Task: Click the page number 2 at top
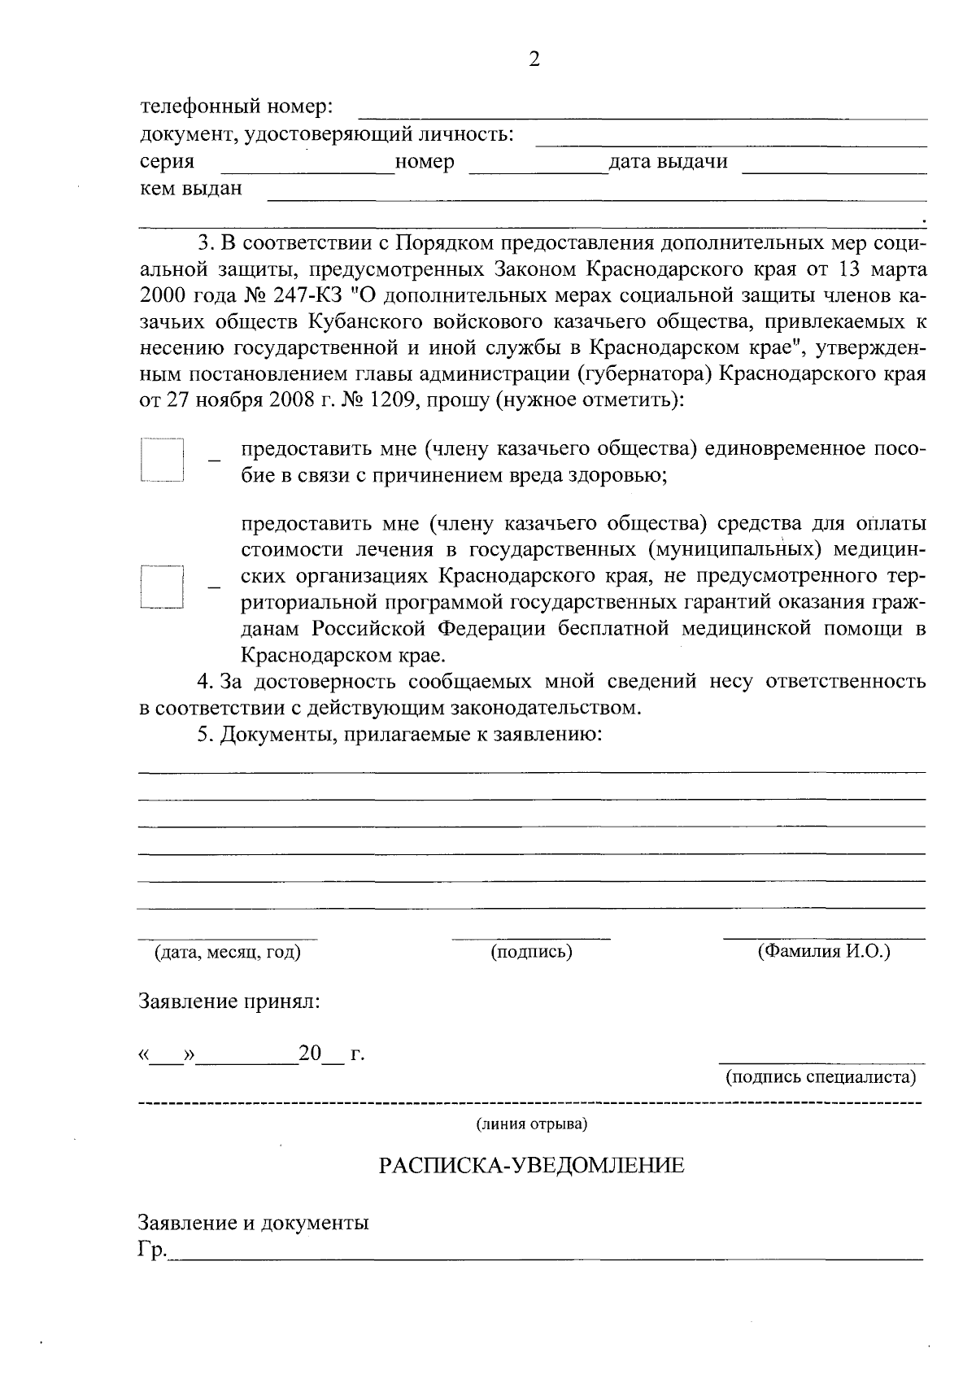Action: [534, 59]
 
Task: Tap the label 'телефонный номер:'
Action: [236, 107]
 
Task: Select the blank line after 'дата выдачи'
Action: [834, 168]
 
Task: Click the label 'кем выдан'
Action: [191, 189]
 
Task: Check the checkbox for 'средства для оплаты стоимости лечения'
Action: [163, 587]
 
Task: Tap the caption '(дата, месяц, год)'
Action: [228, 952]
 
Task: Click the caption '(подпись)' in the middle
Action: [531, 952]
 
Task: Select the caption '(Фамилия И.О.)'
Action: [823, 950]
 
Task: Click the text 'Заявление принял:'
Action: [229, 1001]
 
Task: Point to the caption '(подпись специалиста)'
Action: [820, 1077]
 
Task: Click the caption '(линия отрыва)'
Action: [531, 1125]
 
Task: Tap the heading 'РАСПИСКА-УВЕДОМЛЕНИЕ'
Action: [532, 1166]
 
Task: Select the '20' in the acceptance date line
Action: [310, 1054]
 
